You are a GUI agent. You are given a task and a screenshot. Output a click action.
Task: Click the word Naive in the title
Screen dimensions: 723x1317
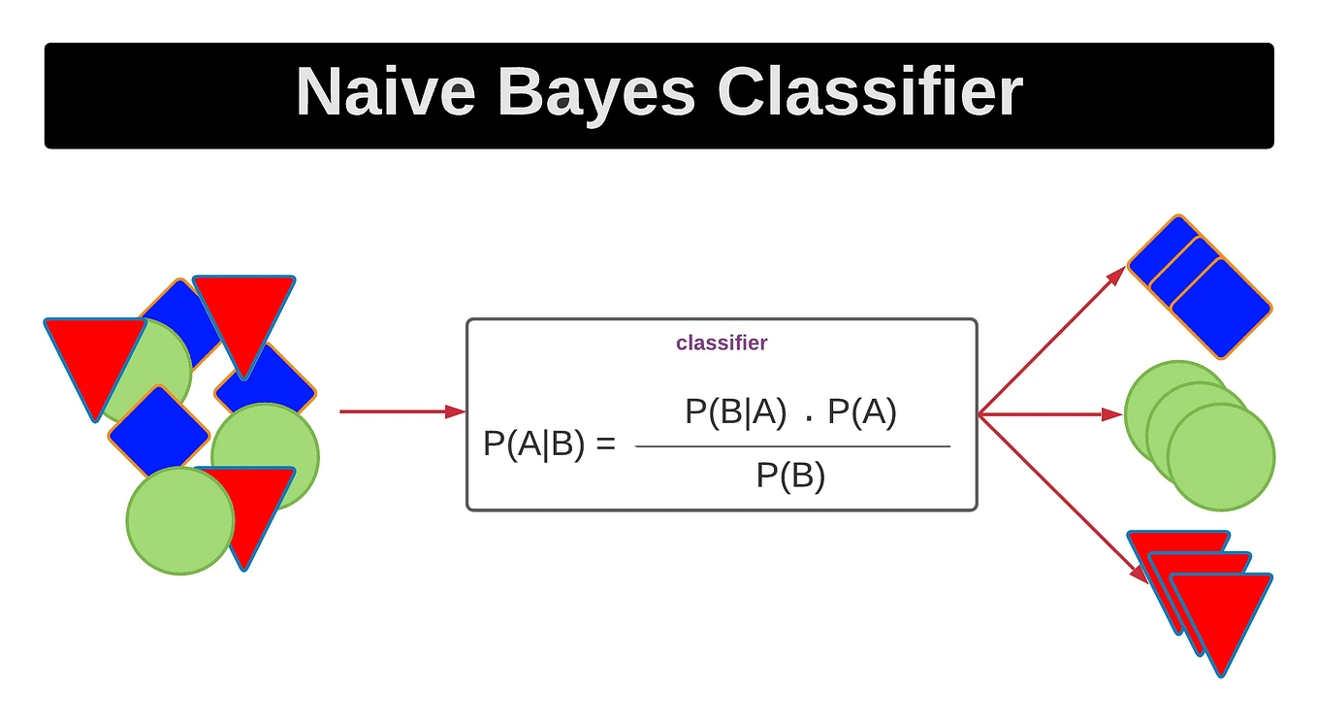385,93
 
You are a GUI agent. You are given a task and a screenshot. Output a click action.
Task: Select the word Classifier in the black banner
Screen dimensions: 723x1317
870,93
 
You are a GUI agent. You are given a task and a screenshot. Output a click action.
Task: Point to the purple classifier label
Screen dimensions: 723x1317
722,343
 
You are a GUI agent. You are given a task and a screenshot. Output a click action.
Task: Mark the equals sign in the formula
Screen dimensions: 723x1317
606,445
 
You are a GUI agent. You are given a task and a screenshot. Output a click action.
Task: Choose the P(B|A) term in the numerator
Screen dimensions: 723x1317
735,412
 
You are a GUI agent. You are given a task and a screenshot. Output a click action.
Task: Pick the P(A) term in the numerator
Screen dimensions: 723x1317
862,412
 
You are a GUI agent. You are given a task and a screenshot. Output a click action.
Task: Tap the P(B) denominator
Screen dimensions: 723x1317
790,477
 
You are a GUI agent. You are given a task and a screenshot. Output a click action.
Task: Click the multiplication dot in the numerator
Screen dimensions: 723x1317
808,420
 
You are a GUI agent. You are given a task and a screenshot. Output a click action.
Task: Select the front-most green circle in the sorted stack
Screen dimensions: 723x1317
1221,456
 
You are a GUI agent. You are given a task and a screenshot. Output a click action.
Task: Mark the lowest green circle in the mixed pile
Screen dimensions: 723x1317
180,520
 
